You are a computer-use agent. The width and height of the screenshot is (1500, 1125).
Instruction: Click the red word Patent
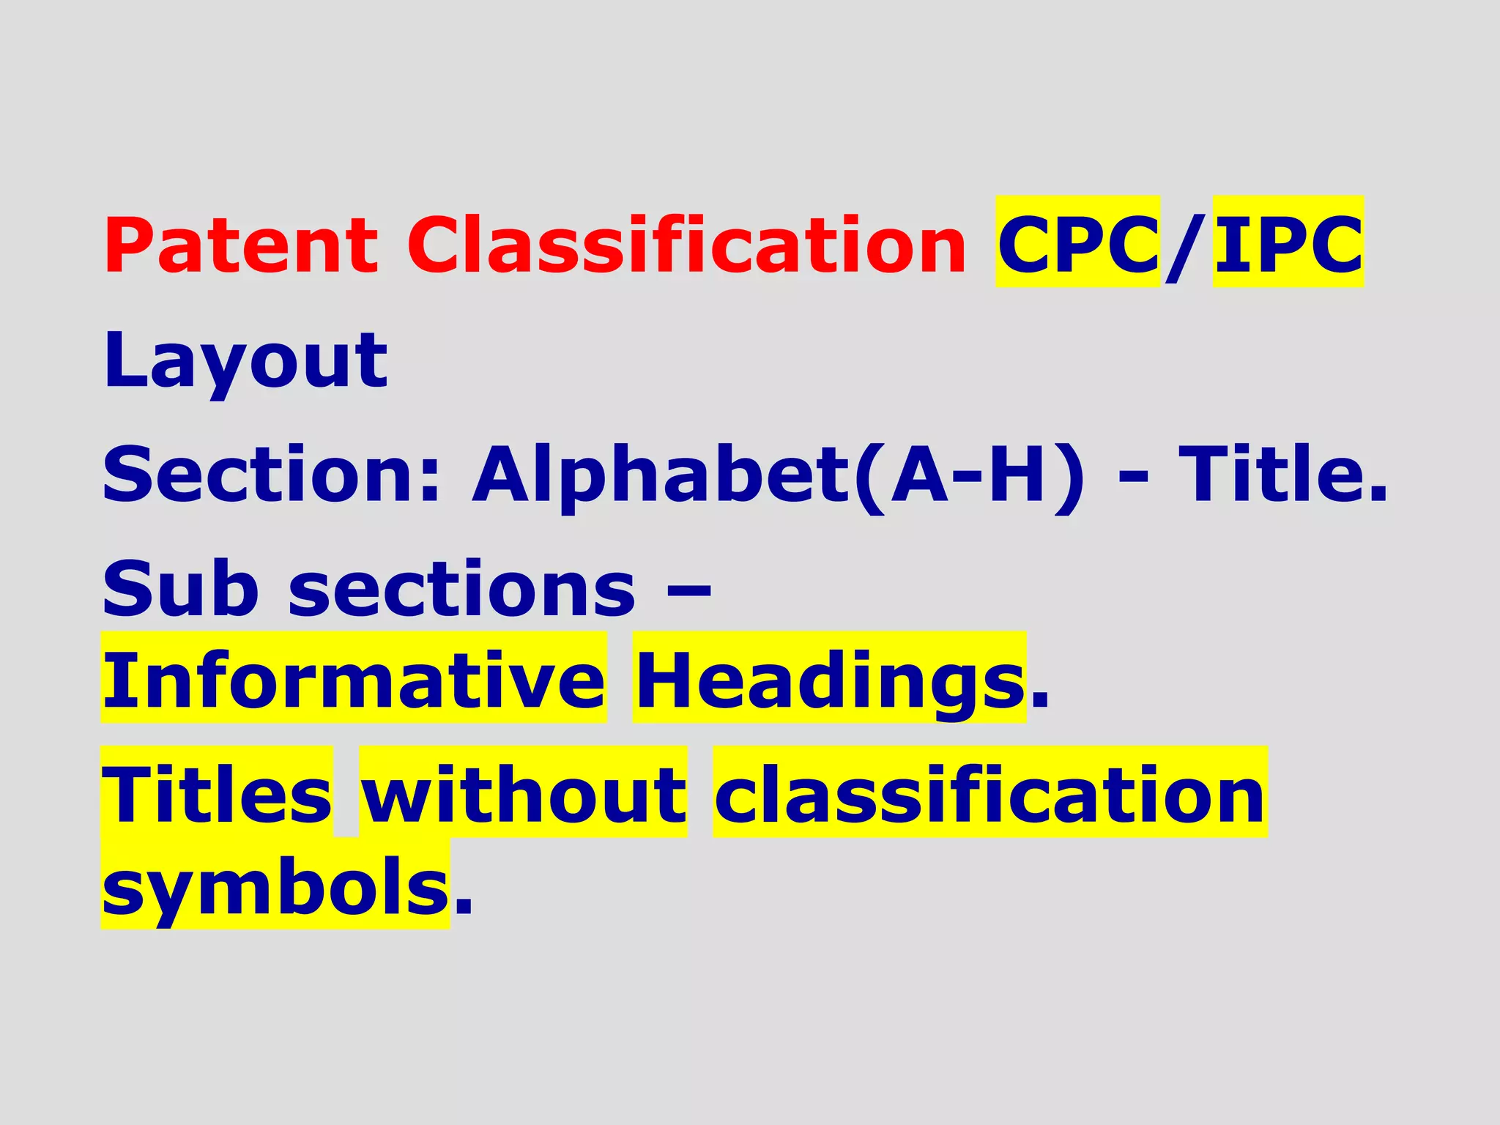(x=241, y=245)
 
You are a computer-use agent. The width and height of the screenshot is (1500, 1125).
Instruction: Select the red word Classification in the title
(x=687, y=245)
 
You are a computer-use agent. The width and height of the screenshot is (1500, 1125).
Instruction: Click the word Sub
(x=180, y=589)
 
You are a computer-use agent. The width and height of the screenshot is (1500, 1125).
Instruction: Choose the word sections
(x=462, y=590)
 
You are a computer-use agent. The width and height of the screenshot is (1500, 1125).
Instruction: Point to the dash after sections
(x=689, y=590)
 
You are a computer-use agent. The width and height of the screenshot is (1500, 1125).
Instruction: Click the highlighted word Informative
(x=354, y=680)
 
